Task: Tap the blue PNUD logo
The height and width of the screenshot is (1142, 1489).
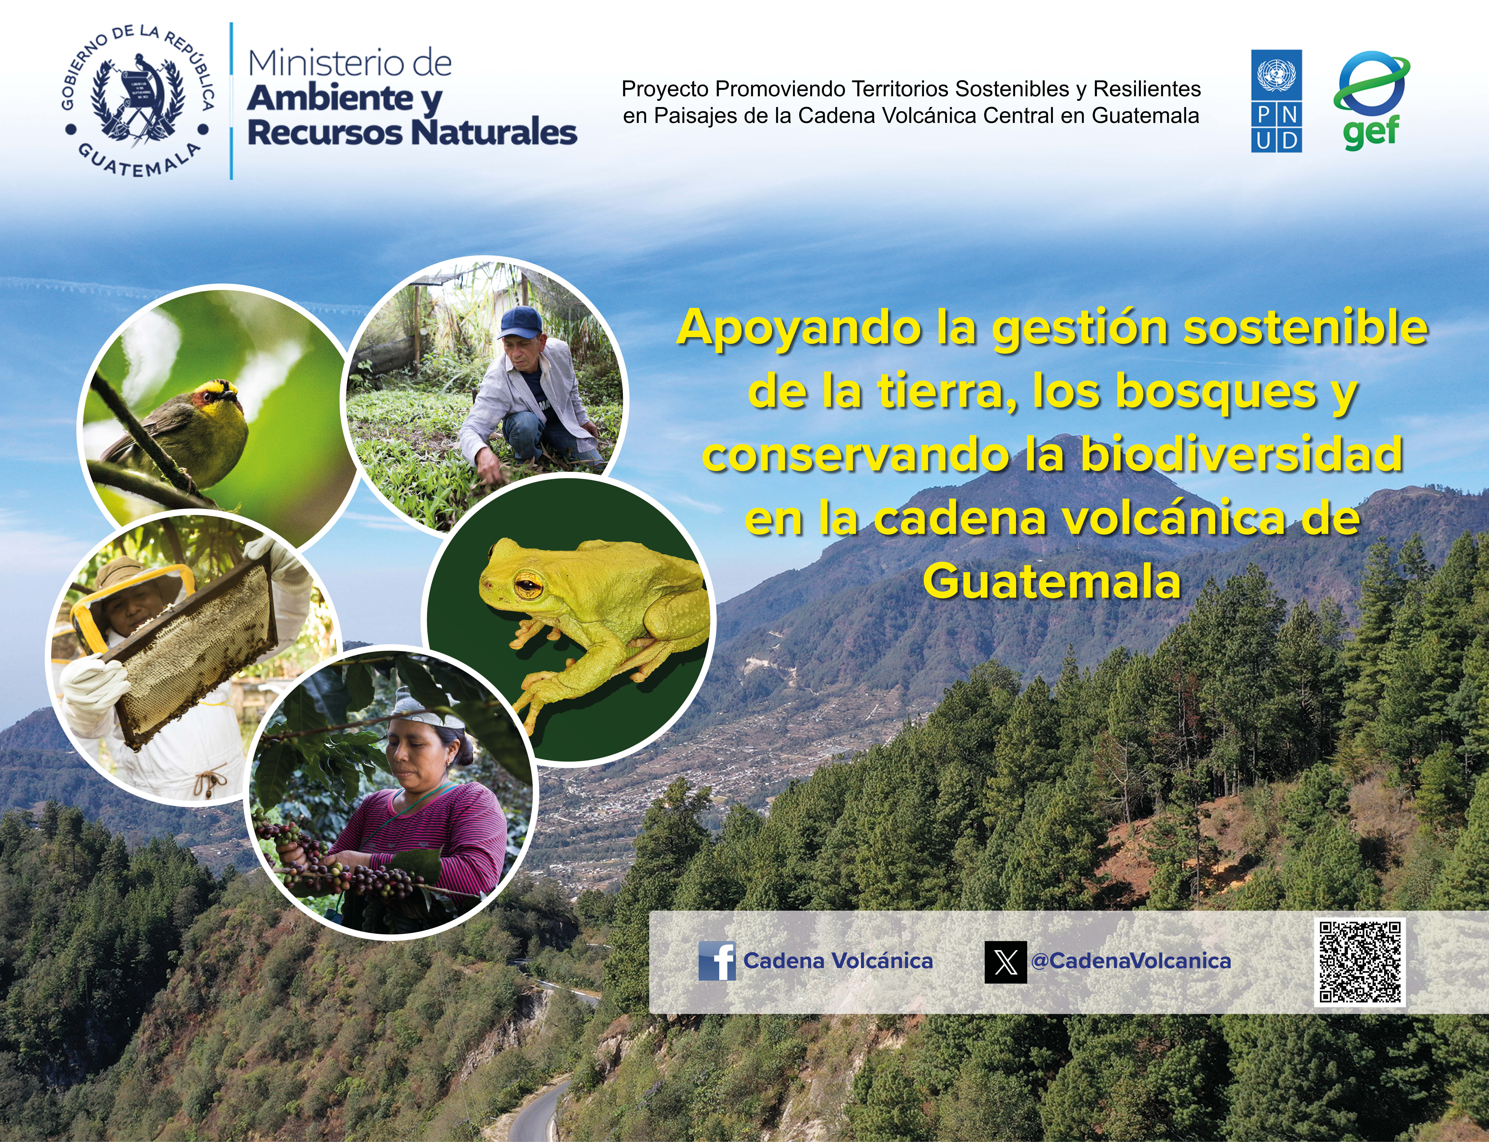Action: pos(1276,101)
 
